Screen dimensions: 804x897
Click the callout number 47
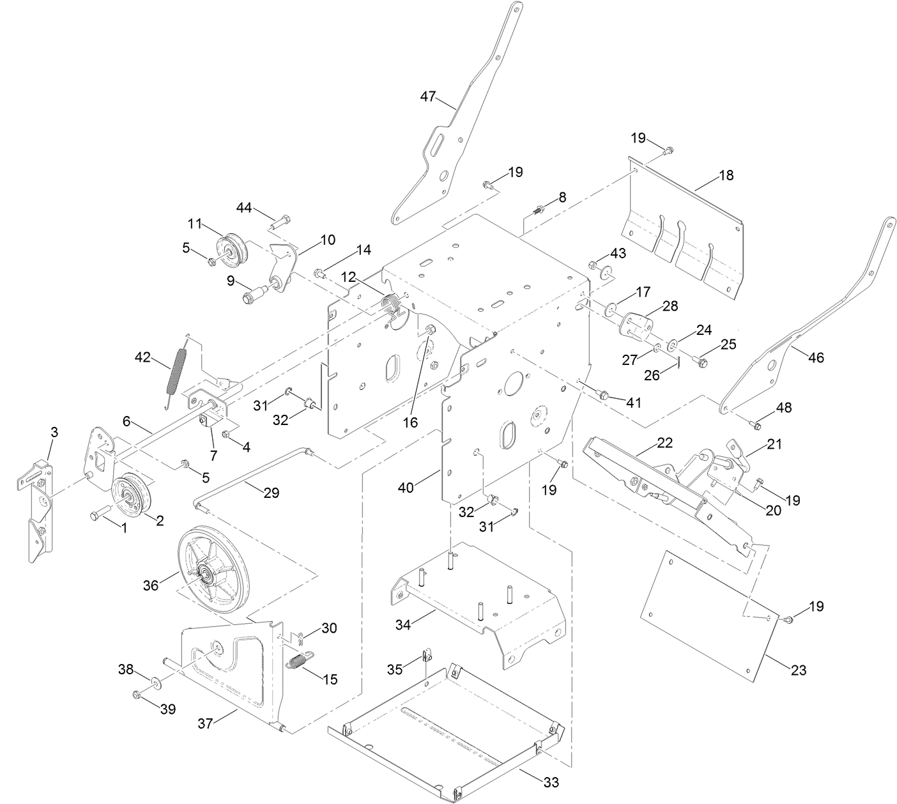[427, 97]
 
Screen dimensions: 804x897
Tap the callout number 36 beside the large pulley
[151, 585]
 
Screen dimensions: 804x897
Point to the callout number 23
[798, 670]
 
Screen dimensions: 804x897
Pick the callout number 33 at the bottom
[550, 782]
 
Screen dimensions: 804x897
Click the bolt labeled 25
[701, 362]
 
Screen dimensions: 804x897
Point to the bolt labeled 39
[136, 694]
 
